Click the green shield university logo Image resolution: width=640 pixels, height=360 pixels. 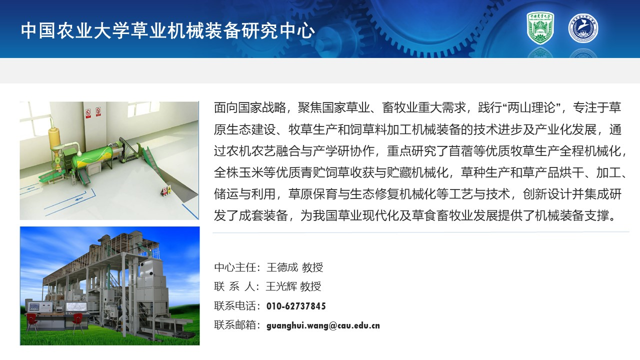point(540,27)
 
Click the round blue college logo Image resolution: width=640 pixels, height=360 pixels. point(583,28)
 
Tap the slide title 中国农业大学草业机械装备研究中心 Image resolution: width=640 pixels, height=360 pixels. point(167,30)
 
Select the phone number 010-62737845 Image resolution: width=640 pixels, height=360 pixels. point(296,306)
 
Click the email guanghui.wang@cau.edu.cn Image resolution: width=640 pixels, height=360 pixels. point(323,325)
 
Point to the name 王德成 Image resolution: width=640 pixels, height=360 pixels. point(282,267)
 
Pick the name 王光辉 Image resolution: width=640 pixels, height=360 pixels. point(281,286)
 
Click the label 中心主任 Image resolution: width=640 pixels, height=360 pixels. point(235,267)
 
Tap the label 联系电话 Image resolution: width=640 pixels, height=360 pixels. point(235,306)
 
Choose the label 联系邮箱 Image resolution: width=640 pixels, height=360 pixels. point(235,325)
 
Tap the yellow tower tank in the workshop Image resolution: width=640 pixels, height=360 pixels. point(54,137)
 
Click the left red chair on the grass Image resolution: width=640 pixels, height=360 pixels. point(31,322)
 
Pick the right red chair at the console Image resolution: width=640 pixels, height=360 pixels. point(77,323)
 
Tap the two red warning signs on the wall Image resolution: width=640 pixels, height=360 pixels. point(93,112)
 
